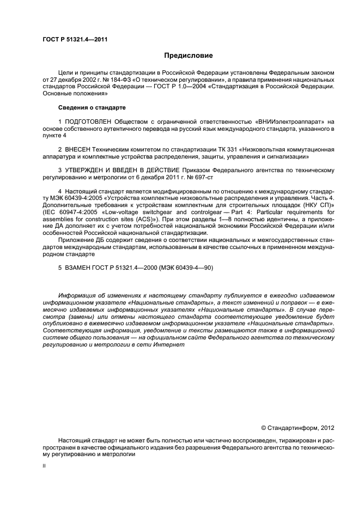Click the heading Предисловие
click(x=188, y=56)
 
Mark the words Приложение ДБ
click(x=83, y=240)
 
